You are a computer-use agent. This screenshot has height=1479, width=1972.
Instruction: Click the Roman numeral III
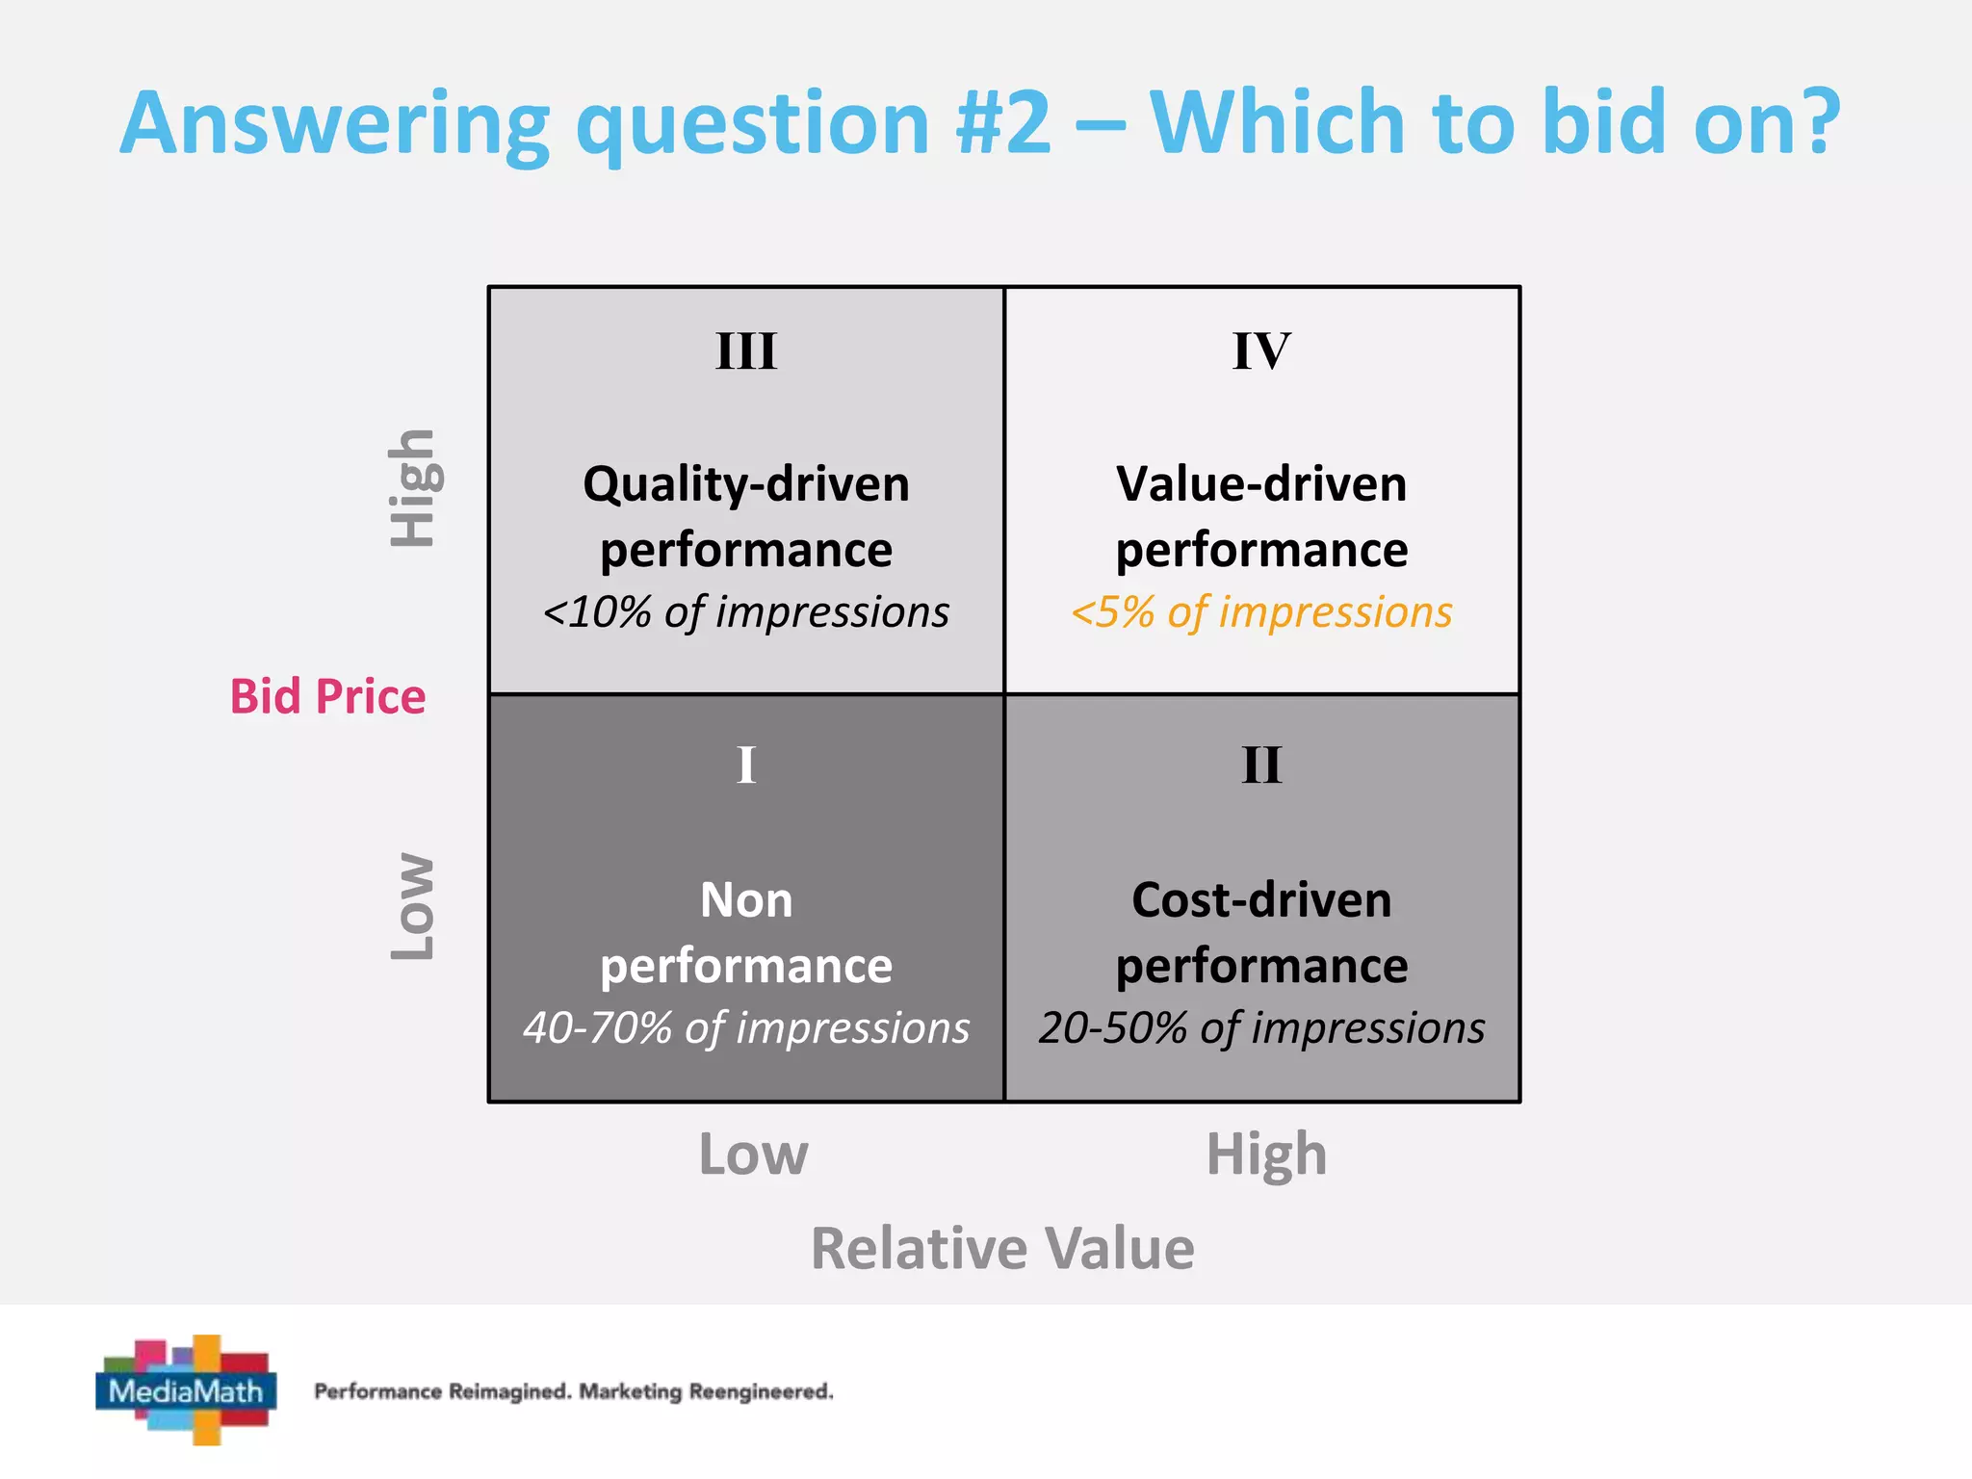(746, 351)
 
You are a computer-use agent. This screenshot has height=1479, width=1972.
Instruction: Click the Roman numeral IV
(1261, 351)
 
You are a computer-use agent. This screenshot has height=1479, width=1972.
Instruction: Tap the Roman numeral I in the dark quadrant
(746, 766)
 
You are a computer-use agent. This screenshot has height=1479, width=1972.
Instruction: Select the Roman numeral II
(1261, 766)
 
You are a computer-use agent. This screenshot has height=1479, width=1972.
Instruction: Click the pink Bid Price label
(327, 696)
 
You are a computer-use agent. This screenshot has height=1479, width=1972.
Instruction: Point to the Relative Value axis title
(1002, 1248)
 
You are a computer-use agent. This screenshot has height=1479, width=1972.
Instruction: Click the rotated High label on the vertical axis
(414, 488)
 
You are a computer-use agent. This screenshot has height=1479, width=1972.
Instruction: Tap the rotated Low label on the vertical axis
(414, 905)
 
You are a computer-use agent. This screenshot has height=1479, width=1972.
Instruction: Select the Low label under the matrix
(753, 1155)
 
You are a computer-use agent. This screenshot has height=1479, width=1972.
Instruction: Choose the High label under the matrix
(1266, 1155)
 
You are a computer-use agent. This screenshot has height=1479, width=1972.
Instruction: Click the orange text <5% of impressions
(1261, 612)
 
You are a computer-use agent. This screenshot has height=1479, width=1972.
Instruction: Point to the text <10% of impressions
(746, 612)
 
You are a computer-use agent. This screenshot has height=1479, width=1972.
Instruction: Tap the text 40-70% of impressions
(746, 1028)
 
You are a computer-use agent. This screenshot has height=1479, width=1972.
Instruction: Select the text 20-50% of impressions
(1261, 1028)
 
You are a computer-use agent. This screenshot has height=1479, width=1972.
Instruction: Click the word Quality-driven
(746, 484)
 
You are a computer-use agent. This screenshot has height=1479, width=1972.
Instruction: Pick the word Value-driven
(1261, 484)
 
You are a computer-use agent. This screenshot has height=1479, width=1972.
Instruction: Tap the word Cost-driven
(1261, 900)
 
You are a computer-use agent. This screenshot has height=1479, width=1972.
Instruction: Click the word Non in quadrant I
(746, 900)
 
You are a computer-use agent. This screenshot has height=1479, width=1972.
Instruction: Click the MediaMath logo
(186, 1389)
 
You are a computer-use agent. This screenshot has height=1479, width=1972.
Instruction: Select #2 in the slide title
(1003, 122)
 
